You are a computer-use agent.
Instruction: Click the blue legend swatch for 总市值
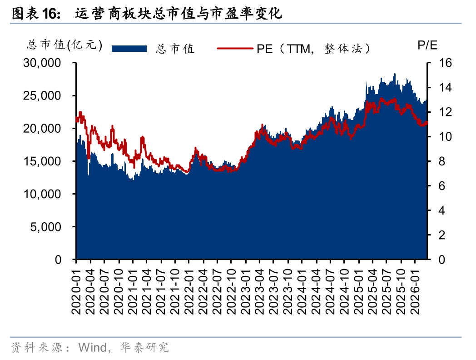[129, 48]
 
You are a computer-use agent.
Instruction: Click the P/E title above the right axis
[427, 45]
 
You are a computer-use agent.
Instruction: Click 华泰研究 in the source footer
[144, 348]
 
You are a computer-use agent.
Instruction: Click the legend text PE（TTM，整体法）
[313, 48]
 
